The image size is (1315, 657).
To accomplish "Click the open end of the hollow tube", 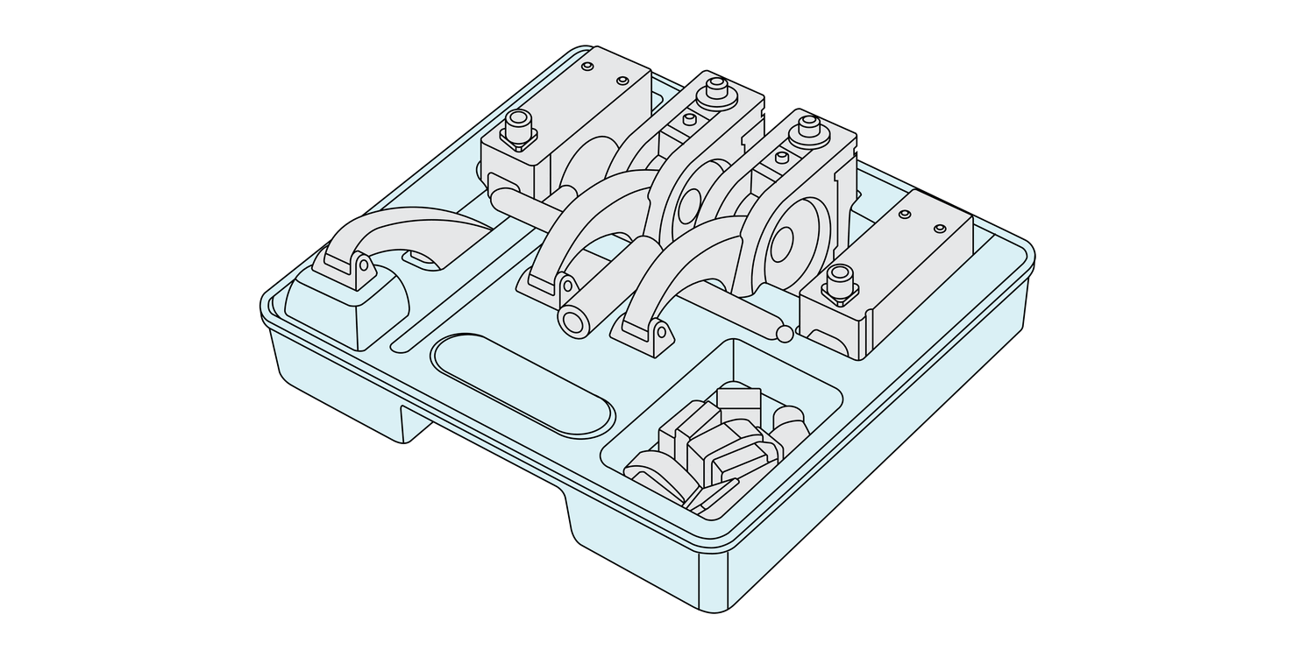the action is [x=575, y=322].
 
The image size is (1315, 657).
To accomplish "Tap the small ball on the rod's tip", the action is [x=785, y=334].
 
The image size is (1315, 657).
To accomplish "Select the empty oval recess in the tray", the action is [x=522, y=384].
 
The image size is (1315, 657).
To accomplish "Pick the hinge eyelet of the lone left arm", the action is [x=362, y=264].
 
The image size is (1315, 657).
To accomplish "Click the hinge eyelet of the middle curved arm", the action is [x=566, y=286].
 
